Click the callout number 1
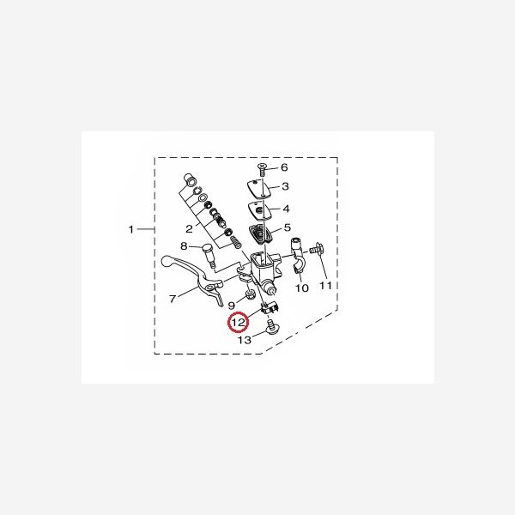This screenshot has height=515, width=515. point(131,229)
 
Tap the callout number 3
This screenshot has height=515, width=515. point(286,187)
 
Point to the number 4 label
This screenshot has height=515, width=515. point(286,209)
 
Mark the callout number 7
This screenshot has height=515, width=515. point(172,300)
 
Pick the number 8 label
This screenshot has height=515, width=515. point(183,247)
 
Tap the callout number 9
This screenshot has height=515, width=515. point(231,305)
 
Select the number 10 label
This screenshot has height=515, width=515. point(301,289)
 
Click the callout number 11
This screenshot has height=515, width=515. point(325,285)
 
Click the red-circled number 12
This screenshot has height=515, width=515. point(238,324)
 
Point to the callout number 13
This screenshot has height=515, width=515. point(244,341)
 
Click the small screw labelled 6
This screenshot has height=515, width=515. point(264,167)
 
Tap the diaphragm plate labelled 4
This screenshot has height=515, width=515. point(262,209)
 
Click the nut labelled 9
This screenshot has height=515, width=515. point(249,296)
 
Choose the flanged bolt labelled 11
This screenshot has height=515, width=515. point(318,250)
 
